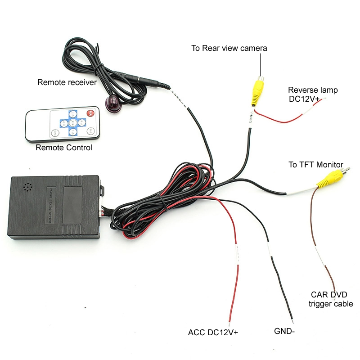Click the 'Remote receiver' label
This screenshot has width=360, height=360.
(67, 82)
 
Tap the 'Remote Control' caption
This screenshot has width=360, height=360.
(64, 148)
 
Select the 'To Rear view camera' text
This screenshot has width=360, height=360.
(229, 48)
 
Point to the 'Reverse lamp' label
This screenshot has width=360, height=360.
(313, 90)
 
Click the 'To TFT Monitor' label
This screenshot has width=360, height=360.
(315, 165)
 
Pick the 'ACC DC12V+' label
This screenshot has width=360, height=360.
(213, 333)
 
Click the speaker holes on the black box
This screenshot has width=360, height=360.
(28, 188)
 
